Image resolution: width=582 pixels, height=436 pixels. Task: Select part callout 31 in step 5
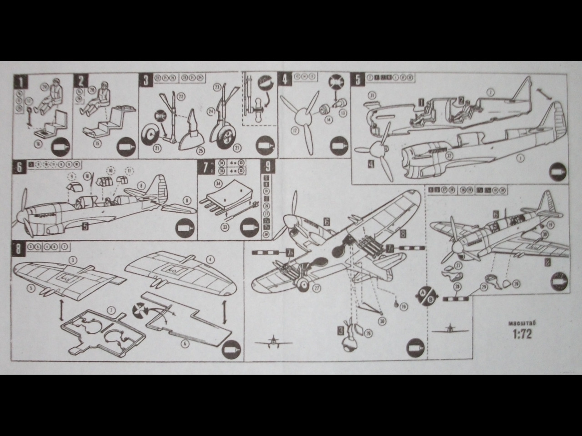(371, 95)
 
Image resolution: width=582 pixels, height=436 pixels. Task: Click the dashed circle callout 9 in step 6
(71, 175)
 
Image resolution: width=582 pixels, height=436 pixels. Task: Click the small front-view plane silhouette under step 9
(271, 341)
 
